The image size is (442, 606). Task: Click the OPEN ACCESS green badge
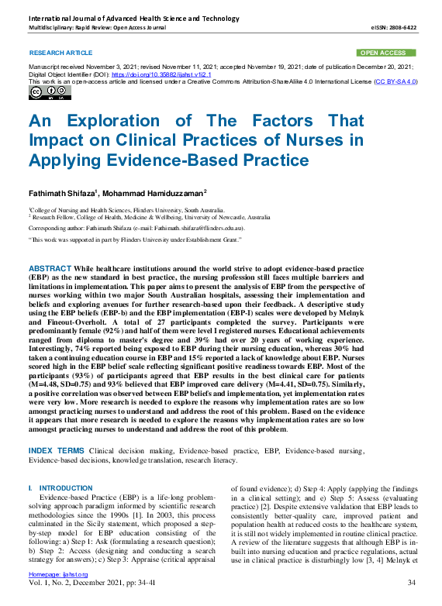tap(385, 53)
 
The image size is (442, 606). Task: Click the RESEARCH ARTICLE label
tap(60, 53)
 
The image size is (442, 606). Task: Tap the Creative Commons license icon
tap(50, 93)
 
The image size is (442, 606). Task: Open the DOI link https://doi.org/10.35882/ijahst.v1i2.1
tap(145, 74)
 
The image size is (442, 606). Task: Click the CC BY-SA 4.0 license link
tap(395, 81)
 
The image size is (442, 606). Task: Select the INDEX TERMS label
tap(57, 450)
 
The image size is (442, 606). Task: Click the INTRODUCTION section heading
tap(65, 488)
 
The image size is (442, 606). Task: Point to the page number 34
tap(412, 581)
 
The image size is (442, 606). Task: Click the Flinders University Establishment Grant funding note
tap(163, 240)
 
